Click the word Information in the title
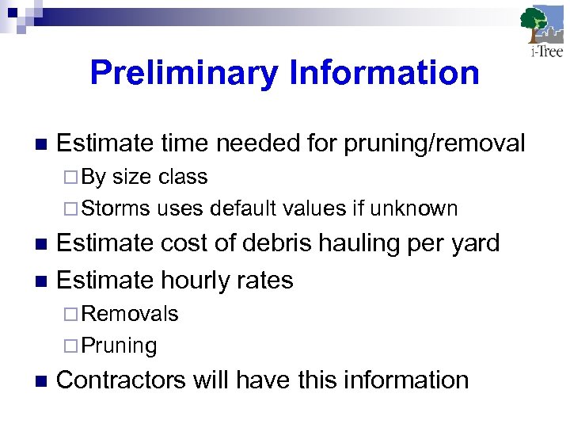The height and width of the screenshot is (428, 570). click(x=385, y=73)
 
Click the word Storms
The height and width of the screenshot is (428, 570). click(x=116, y=208)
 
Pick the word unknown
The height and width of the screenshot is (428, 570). click(x=415, y=208)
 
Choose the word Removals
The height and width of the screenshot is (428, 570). click(x=130, y=314)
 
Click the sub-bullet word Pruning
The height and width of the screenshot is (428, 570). click(x=120, y=346)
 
